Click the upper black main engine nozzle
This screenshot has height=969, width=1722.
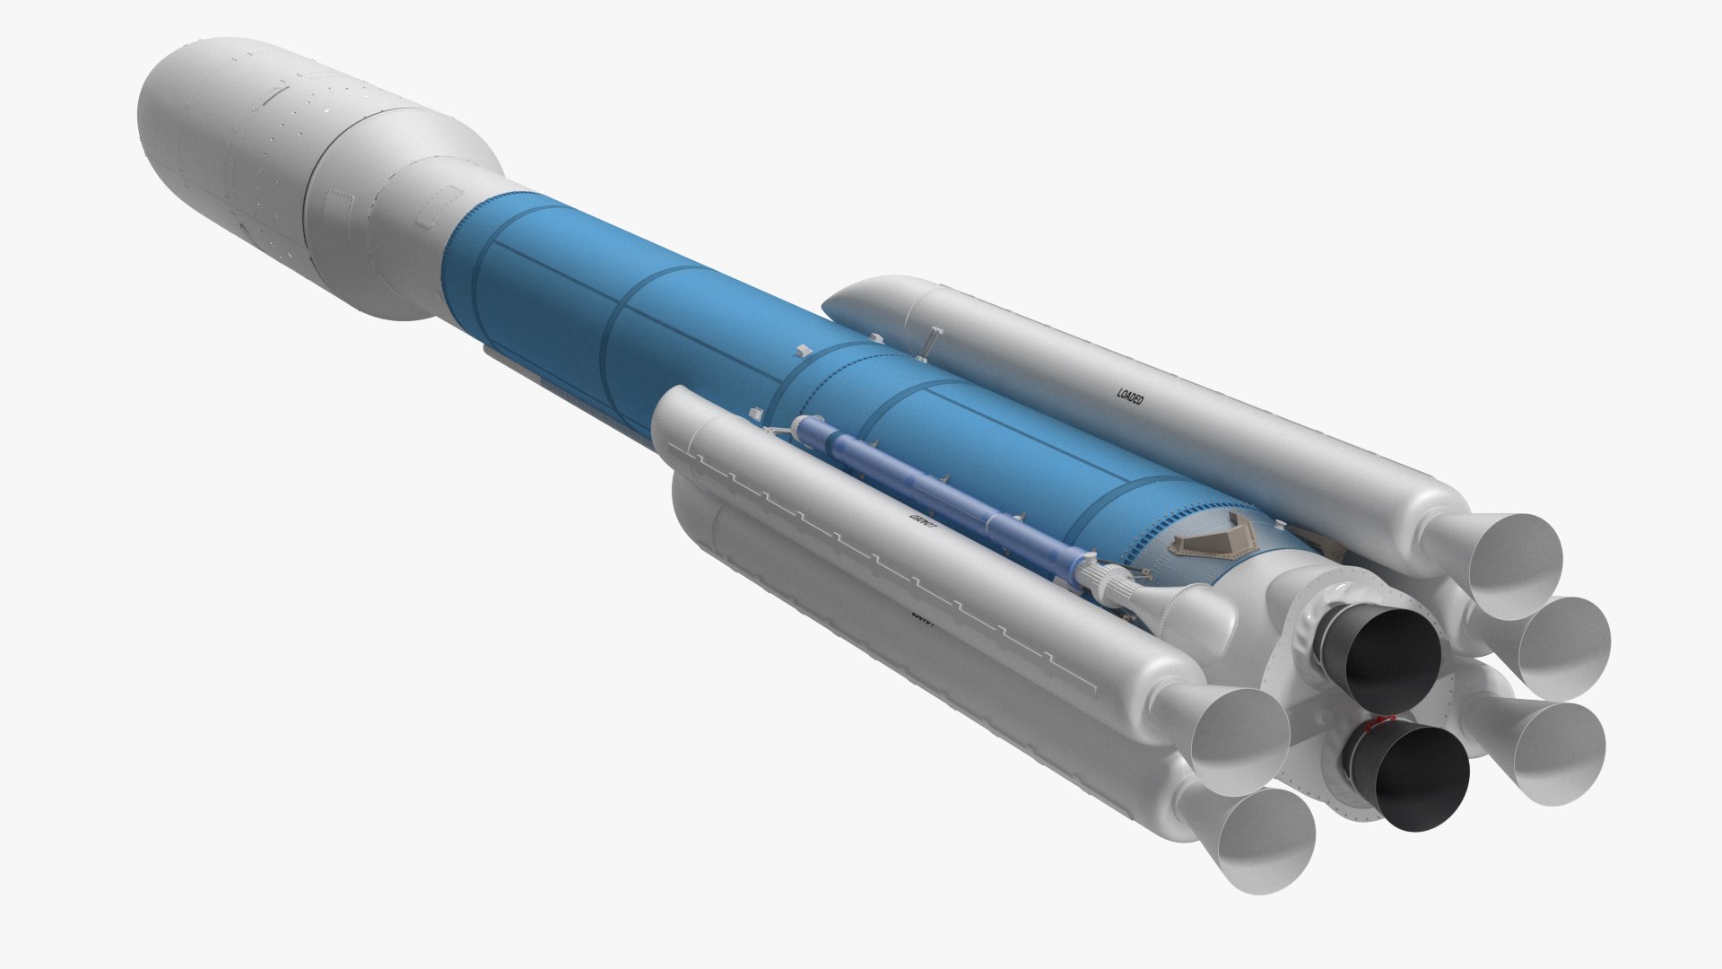coord(1386,655)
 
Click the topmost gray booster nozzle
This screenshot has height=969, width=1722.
coord(1516,565)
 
